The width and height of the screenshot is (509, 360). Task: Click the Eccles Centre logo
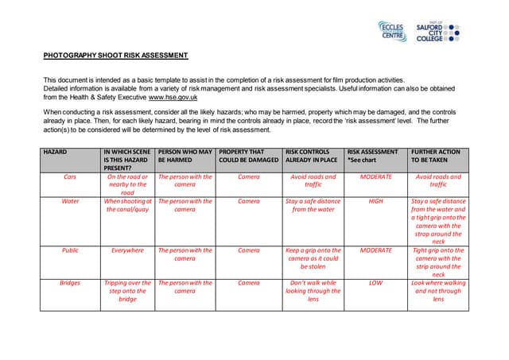tap(391, 32)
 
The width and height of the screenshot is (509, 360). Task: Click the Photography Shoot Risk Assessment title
tap(115, 56)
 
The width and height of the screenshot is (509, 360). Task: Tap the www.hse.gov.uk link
tap(173, 97)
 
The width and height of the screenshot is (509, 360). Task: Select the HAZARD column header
tap(56, 151)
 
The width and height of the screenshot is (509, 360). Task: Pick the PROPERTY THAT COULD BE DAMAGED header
tap(248, 155)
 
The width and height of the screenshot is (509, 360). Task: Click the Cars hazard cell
tap(70, 177)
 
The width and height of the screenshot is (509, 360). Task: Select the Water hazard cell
tap(70, 202)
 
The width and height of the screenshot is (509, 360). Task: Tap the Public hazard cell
tap(70, 250)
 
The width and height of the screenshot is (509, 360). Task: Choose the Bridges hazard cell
tap(70, 283)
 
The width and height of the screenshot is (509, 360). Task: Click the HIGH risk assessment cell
tap(376, 202)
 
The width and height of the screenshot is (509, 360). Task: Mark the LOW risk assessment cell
tap(376, 283)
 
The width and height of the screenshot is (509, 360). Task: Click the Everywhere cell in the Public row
tap(127, 250)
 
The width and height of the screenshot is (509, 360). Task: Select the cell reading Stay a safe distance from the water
tap(312, 206)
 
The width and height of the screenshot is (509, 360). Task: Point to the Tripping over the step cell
tap(127, 291)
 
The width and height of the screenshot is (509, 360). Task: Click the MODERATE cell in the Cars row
tap(376, 177)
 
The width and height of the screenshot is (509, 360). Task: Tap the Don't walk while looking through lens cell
tap(313, 291)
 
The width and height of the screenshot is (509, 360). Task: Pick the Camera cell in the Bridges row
tap(249, 283)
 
